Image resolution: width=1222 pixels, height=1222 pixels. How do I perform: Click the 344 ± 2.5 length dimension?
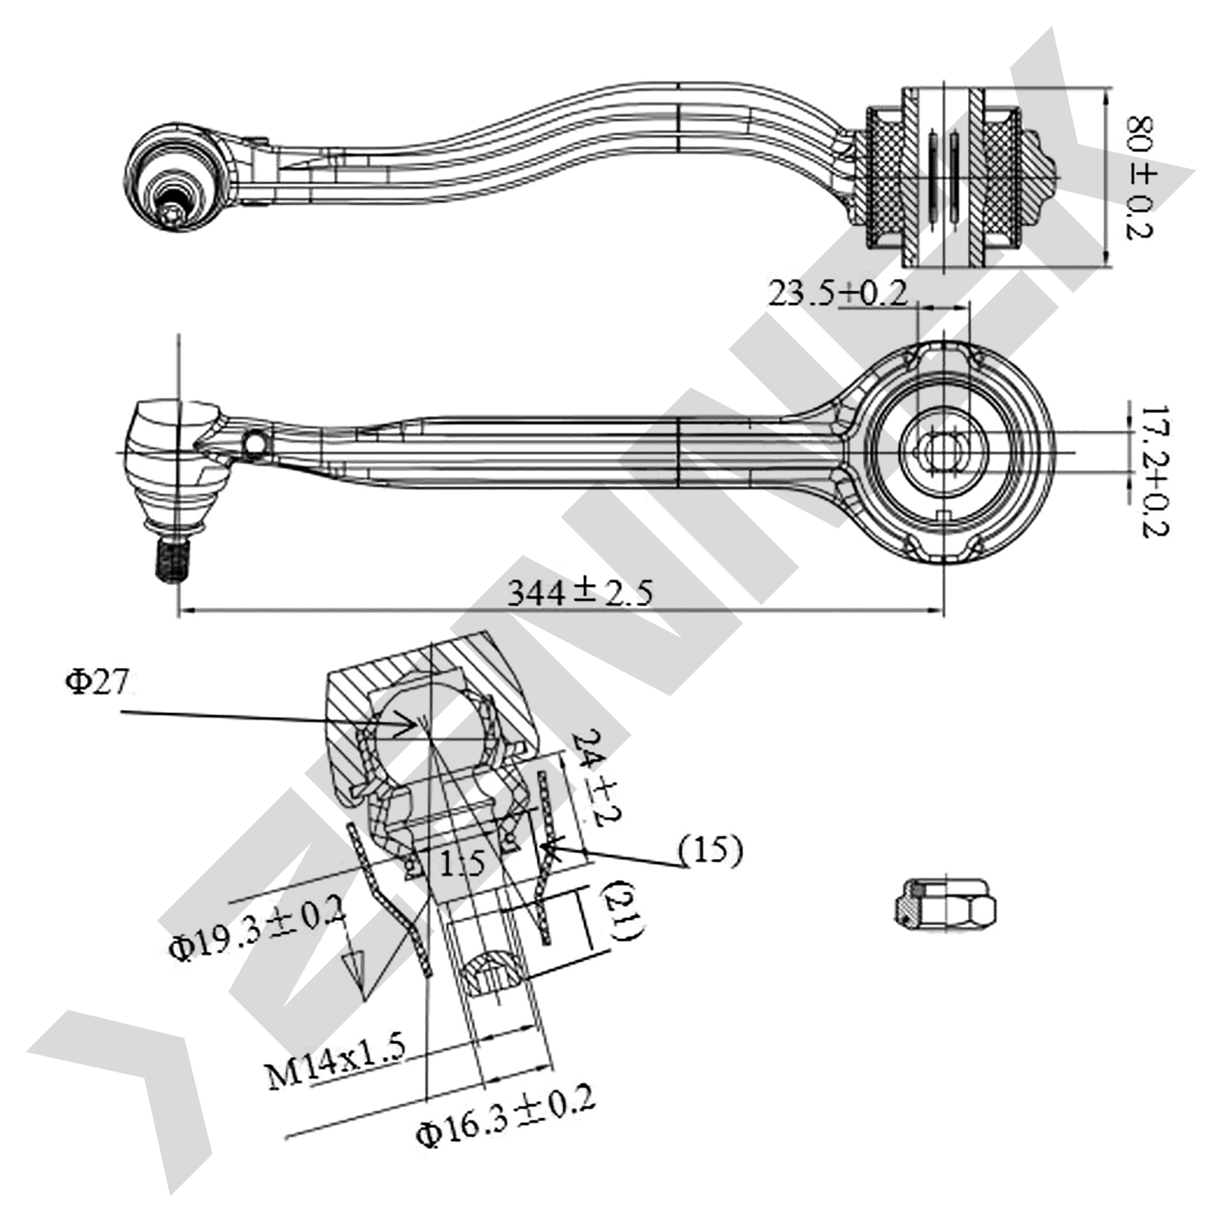pyautogui.click(x=580, y=592)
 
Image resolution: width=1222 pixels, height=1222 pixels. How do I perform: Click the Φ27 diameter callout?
pyautogui.click(x=99, y=684)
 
